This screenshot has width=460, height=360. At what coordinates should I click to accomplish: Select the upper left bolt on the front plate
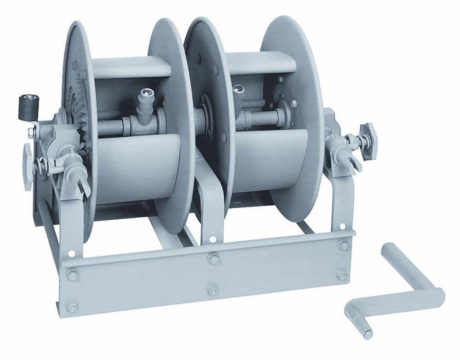(x=72, y=275)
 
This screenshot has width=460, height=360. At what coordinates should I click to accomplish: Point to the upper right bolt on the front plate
(x=343, y=244)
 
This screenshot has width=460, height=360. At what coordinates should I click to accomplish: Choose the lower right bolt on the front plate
(x=341, y=275)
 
